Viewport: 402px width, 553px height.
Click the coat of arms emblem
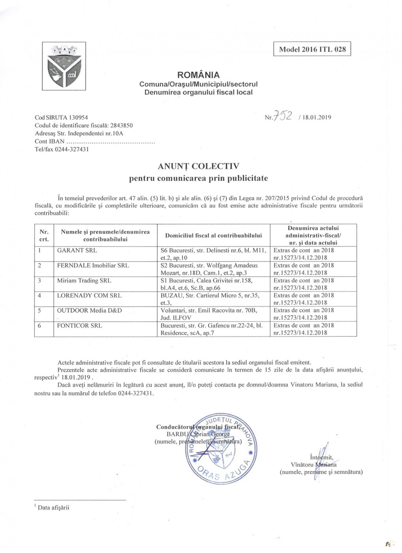coord(64,66)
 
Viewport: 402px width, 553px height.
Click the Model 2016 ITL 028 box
coord(312,49)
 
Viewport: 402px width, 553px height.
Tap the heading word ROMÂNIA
coord(198,75)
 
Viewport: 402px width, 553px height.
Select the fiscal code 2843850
coord(121,125)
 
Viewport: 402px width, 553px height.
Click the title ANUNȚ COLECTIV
coord(198,166)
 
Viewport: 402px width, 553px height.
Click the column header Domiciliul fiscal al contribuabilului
coord(213,235)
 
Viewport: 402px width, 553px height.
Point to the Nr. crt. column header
coord(44,235)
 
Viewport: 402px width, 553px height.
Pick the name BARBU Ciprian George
coord(198,434)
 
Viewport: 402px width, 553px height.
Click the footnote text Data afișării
coord(53,508)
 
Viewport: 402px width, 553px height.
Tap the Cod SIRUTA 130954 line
coord(61,117)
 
